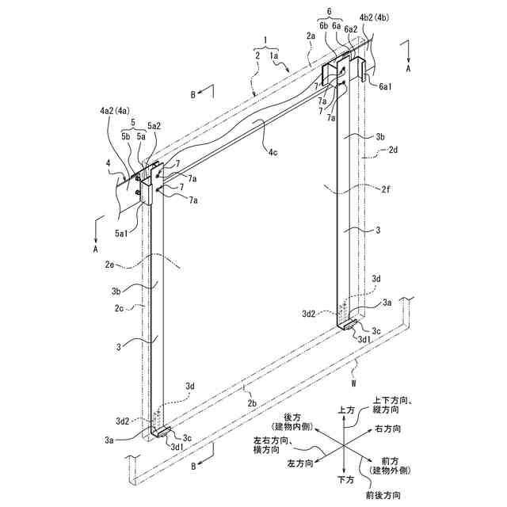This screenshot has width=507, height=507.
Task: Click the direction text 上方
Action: tap(345, 410)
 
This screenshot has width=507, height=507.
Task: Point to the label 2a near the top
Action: tap(311, 37)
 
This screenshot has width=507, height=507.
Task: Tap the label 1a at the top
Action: tap(273, 56)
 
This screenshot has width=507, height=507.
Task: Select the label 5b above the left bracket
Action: tap(126, 135)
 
